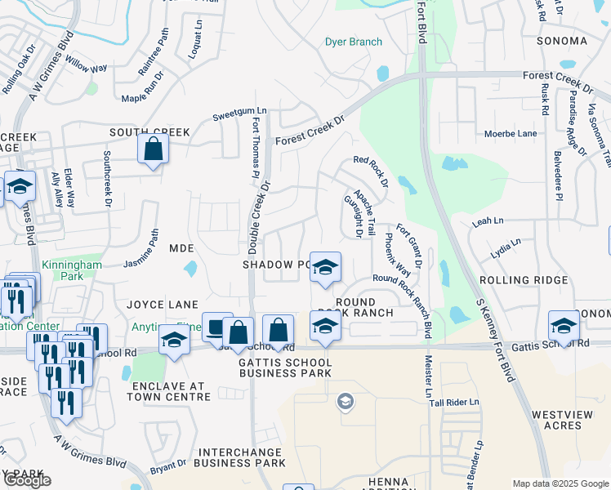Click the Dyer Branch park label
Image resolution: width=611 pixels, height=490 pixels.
tap(354, 42)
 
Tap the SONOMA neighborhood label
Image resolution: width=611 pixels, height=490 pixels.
tap(562, 41)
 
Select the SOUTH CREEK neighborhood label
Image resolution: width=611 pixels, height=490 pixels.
tap(150, 131)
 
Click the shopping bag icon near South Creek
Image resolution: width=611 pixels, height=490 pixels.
tap(153, 149)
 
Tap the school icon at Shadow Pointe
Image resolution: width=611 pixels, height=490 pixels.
tap(325, 267)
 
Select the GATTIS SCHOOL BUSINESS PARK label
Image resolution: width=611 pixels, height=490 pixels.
tap(285, 367)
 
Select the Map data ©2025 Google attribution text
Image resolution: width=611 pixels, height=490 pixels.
tap(560, 483)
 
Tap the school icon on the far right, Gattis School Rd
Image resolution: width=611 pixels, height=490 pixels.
tap(563, 325)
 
